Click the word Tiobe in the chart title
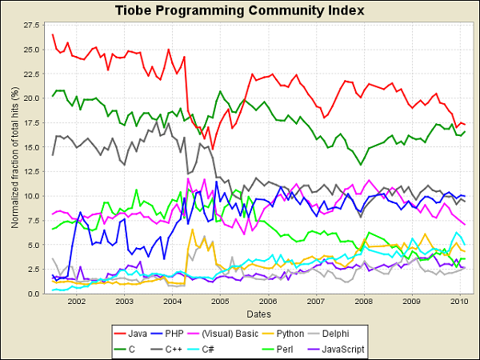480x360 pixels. point(133,10)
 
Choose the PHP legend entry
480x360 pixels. point(167,334)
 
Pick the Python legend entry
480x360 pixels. point(283,334)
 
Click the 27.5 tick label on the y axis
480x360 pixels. point(31,25)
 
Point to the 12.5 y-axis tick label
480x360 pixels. point(31,171)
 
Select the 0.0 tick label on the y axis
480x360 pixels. point(34,294)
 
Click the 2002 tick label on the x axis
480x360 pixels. point(76,302)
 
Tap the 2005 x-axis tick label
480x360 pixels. point(220,302)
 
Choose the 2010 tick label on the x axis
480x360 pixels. point(460,302)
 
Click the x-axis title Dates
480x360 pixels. point(259,314)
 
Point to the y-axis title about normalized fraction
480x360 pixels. point(15,158)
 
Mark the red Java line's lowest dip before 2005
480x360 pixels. point(213,149)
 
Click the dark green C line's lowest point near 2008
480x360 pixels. point(361,165)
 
